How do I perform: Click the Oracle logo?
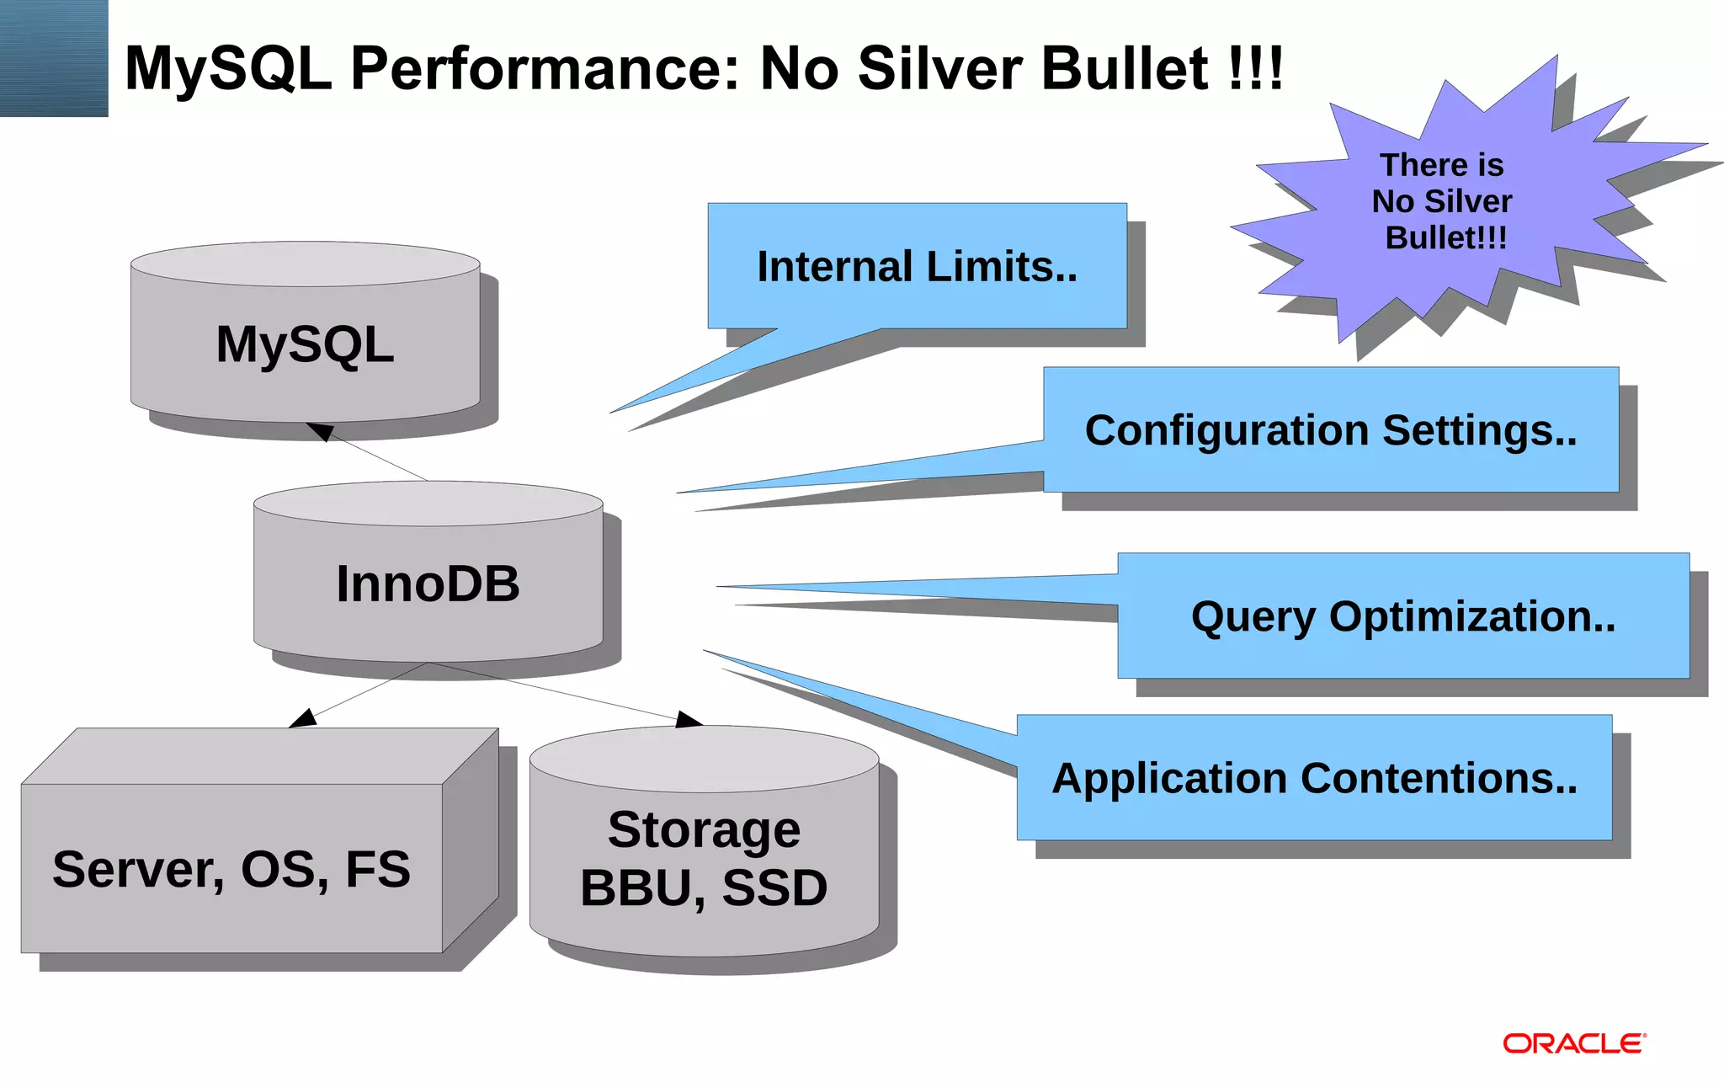[1574, 1044]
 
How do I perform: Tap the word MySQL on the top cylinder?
[305, 344]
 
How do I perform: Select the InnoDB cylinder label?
[428, 584]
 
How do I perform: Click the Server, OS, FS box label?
[231, 869]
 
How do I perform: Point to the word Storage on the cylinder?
[704, 830]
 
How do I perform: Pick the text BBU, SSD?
[704, 888]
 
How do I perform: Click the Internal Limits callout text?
[917, 267]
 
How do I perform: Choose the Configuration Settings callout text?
[1331, 430]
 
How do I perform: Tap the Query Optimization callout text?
[1403, 616]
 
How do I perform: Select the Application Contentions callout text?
[1314, 778]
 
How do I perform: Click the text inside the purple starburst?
[1443, 201]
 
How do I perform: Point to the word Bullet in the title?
[1125, 68]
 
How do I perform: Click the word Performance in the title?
[545, 68]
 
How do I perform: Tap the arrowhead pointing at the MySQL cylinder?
[320, 431]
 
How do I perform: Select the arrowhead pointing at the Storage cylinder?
[689, 720]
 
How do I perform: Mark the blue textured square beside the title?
[54, 58]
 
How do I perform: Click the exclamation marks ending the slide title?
[1255, 68]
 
